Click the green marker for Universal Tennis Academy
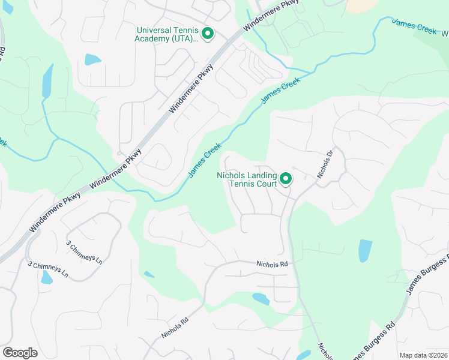(208, 34)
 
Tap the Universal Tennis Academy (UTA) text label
(167, 34)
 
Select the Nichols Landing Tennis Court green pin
(286, 178)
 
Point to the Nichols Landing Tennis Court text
(247, 179)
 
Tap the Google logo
(20, 353)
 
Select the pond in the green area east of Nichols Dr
(364, 251)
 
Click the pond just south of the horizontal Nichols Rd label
(261, 298)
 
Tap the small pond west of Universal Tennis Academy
(92, 59)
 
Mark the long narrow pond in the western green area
(47, 80)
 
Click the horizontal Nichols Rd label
(272, 263)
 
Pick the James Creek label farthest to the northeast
(414, 27)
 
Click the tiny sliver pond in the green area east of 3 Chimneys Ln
(149, 275)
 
